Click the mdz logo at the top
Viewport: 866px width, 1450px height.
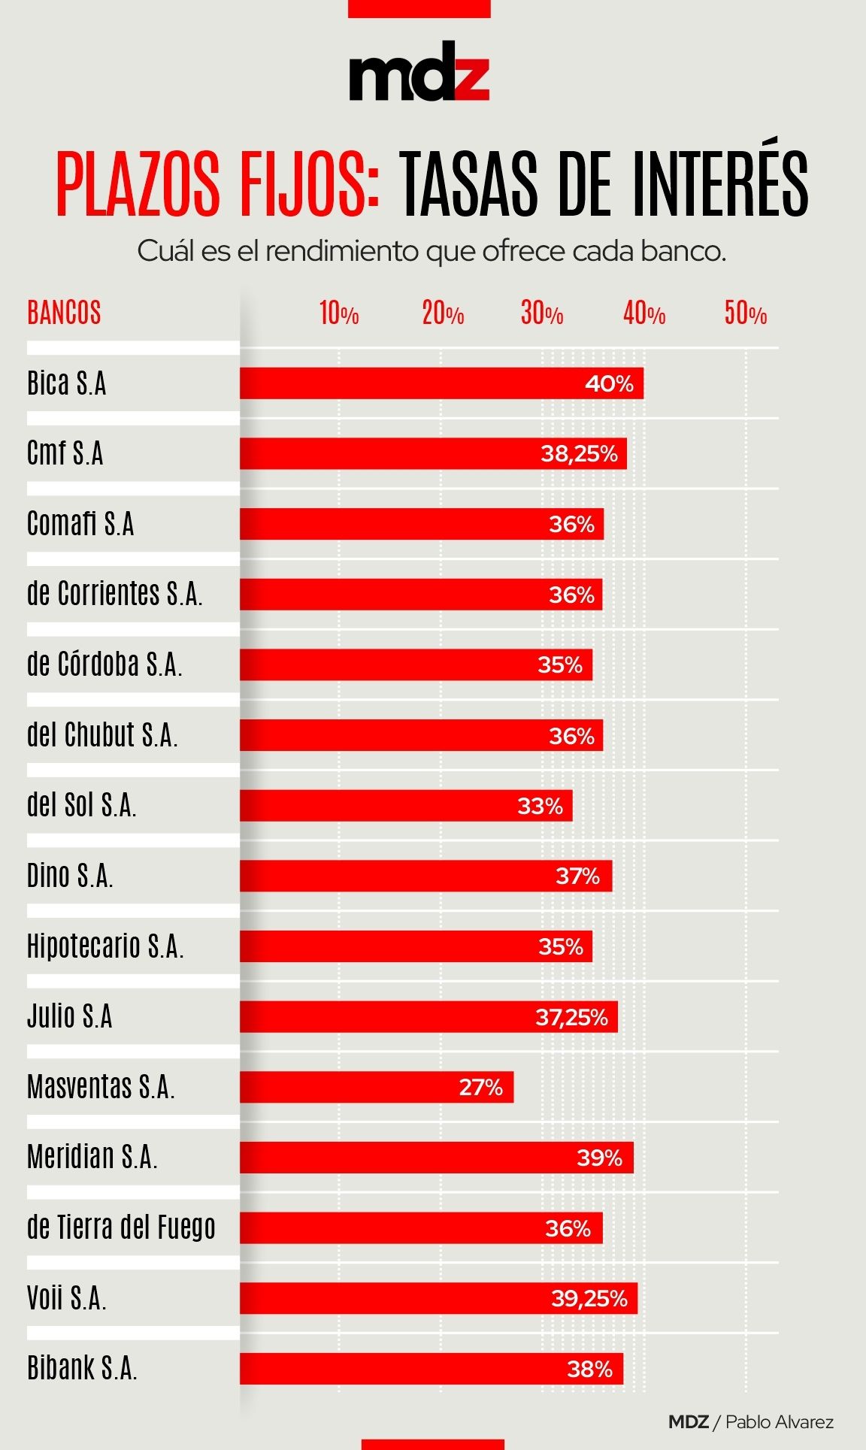point(419,73)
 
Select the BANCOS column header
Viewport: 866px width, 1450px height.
point(64,313)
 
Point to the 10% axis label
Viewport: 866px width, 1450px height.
point(338,313)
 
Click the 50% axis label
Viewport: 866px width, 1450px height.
point(745,313)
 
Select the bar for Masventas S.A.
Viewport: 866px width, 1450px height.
point(376,1087)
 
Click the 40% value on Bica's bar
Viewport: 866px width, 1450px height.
point(609,384)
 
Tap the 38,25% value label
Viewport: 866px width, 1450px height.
point(579,454)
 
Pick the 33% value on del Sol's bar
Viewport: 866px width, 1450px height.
point(540,806)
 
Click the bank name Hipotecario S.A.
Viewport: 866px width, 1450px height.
point(105,946)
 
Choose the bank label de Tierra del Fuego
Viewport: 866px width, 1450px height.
point(121,1228)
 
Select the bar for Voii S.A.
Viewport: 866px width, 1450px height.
point(438,1298)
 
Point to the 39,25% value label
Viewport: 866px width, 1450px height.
point(589,1298)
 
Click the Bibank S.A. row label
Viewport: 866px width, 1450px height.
point(82,1368)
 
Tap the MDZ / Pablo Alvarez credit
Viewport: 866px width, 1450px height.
point(750,1422)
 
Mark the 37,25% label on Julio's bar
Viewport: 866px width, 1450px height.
point(571,1017)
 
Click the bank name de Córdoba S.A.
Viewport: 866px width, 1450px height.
point(104,664)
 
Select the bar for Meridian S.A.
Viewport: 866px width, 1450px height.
point(436,1158)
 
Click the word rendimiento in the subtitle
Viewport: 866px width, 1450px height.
point(343,251)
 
